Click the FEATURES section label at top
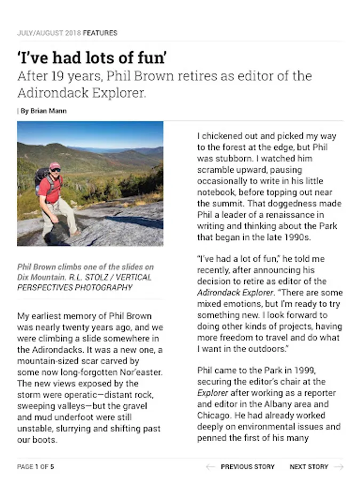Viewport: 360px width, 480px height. pyautogui.click(x=100, y=33)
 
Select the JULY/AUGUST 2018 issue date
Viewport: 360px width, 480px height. pyautogui.click(x=49, y=33)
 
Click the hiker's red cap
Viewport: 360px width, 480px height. pyautogui.click(x=54, y=166)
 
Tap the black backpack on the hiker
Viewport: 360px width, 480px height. pyautogui.click(x=41, y=179)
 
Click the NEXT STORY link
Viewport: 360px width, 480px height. pyautogui.click(x=309, y=467)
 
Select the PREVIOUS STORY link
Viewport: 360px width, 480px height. pyautogui.click(x=247, y=467)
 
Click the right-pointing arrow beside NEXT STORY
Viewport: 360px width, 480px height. pyautogui.click(x=338, y=467)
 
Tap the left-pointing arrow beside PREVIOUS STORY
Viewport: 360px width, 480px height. pyautogui.click(x=211, y=467)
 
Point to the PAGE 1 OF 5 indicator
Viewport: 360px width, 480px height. pyautogui.click(x=36, y=467)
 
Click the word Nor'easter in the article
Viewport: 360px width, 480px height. pyautogui.click(x=139, y=372)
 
